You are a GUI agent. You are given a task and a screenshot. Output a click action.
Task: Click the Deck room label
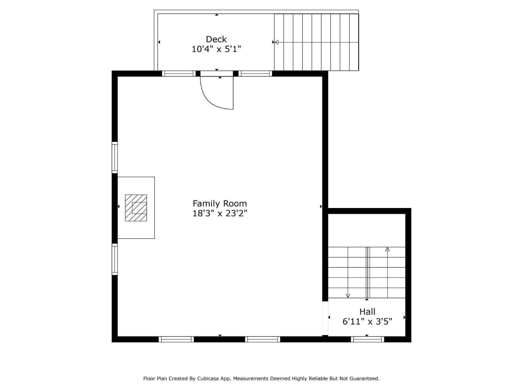[x=216, y=39]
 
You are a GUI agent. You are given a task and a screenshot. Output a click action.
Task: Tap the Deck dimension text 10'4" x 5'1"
[x=216, y=49]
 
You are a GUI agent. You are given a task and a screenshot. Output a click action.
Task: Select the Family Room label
[x=220, y=203]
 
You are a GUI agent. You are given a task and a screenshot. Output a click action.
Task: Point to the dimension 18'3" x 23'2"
[x=220, y=213]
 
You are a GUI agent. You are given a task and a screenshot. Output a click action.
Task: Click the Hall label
[x=367, y=312]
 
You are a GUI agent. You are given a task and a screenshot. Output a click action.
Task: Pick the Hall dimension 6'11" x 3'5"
[x=367, y=321]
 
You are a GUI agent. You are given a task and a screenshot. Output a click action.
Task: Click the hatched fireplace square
[x=136, y=208]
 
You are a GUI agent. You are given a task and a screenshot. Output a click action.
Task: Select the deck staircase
[x=316, y=42]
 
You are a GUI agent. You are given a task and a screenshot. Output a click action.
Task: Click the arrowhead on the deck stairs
[x=276, y=42]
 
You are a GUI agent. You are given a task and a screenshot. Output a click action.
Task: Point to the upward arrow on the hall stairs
[x=387, y=249]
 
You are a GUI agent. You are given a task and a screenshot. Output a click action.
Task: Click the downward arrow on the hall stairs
[x=348, y=296]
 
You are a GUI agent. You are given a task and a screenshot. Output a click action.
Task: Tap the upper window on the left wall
[x=115, y=157]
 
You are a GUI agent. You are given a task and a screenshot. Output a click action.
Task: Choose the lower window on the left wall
[x=115, y=259]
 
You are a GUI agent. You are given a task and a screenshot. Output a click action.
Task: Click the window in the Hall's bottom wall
[x=367, y=339]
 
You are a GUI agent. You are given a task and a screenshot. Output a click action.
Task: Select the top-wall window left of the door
[x=179, y=74]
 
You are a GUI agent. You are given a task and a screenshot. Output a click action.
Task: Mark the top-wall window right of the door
[x=255, y=74]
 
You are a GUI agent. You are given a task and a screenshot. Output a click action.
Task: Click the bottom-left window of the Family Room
[x=176, y=339]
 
